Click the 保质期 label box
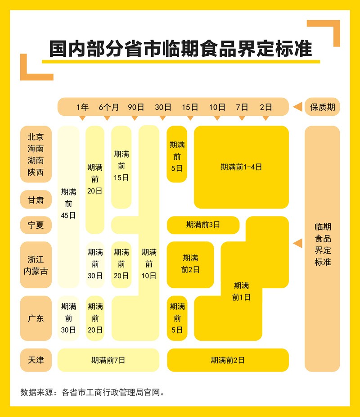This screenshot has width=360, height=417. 322,107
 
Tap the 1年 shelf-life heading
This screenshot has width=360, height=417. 83,107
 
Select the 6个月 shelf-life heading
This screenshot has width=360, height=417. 108,107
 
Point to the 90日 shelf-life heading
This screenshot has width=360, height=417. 136,107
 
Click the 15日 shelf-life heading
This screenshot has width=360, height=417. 190,107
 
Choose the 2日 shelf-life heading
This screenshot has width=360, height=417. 266,107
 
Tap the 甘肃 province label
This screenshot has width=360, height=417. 36,200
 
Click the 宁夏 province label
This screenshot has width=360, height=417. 36,225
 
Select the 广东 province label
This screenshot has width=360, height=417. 36,318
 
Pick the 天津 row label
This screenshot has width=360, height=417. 36,360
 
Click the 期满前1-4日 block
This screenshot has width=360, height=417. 241,167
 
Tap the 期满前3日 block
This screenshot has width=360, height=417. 203,225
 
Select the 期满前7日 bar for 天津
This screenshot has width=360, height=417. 108,360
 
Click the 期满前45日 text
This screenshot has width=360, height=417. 68,204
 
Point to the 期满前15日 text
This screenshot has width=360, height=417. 121,166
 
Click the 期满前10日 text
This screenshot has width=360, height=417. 149,264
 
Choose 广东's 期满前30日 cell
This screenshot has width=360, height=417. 68,318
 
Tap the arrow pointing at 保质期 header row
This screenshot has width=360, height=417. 297,107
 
